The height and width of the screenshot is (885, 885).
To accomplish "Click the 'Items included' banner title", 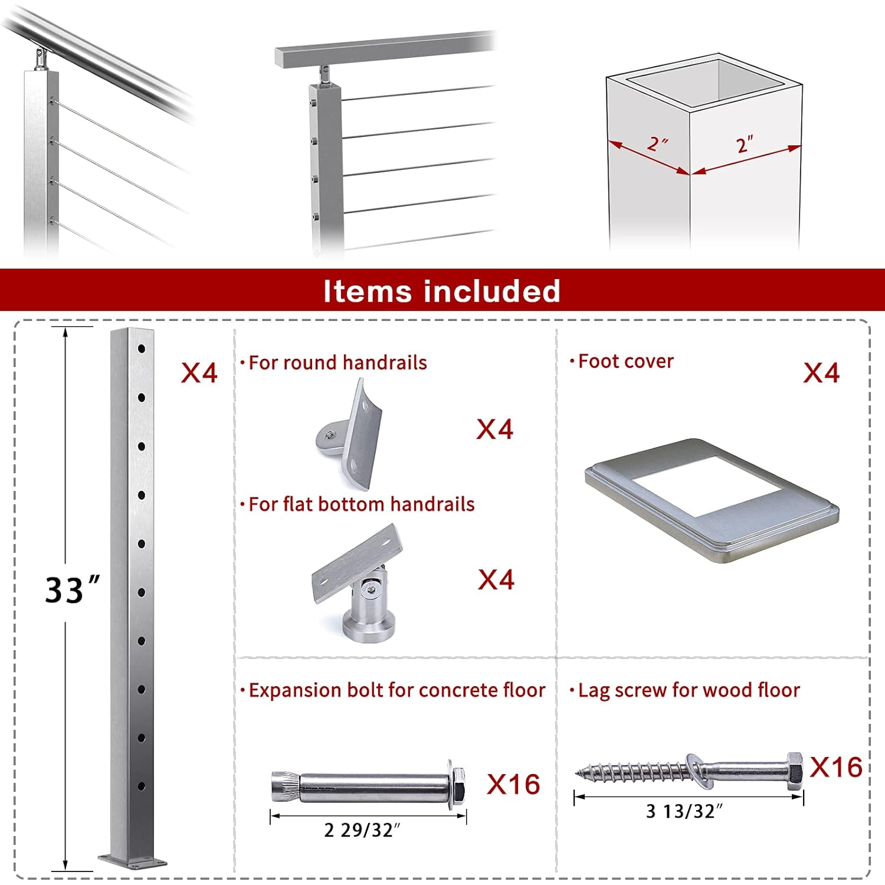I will click(441, 291).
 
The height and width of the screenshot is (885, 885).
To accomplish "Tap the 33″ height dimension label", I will click(72, 589).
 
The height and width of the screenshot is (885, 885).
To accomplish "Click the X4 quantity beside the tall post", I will click(199, 373).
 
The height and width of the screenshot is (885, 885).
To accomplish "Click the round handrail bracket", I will click(352, 435).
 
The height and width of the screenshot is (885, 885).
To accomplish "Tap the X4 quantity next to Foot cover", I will click(821, 373).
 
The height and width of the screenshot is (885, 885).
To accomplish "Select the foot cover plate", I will click(712, 500).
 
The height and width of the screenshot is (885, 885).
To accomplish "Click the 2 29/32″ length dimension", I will click(362, 830).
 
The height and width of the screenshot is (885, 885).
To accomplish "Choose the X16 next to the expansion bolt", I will click(513, 785).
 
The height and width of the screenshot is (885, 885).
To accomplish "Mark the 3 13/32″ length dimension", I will click(684, 811).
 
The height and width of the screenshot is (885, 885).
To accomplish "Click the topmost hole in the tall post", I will click(142, 349).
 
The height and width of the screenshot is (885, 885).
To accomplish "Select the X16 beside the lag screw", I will click(836, 768).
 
